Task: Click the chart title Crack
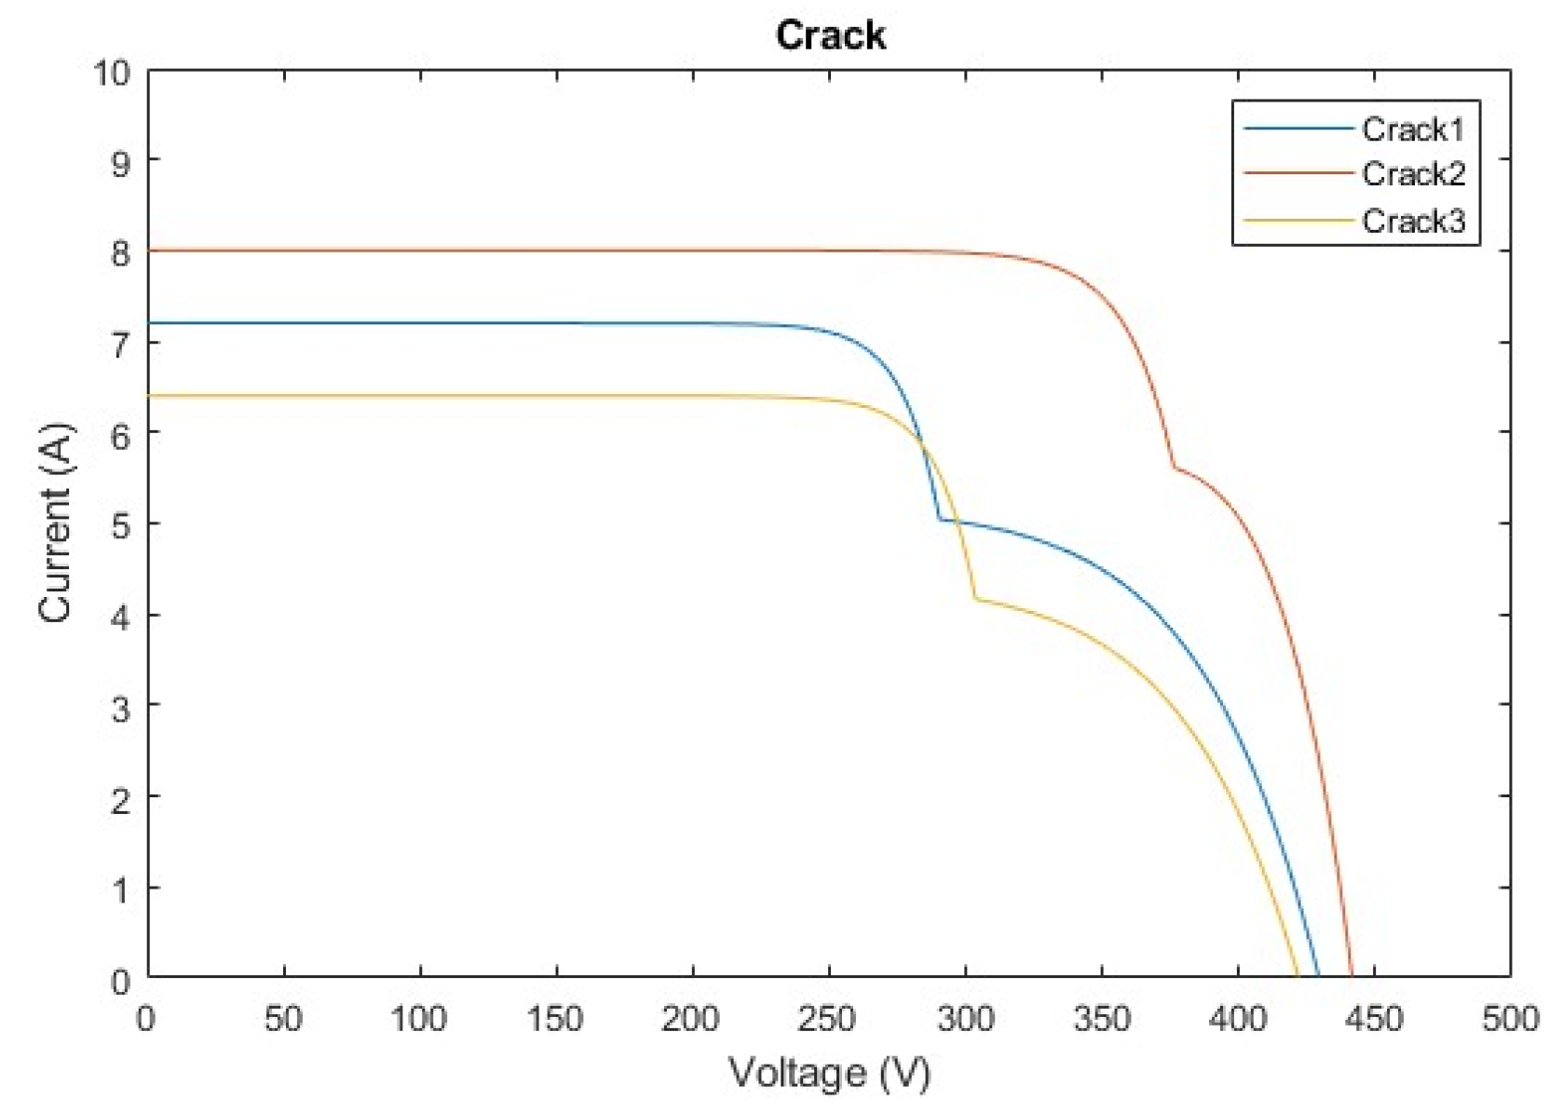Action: pyautogui.click(x=830, y=35)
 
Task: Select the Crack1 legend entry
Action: pyautogui.click(x=1412, y=129)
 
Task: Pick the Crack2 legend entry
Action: pyautogui.click(x=1412, y=174)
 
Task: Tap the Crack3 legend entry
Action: pyautogui.click(x=1412, y=221)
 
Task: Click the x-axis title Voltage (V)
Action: pyautogui.click(x=829, y=1073)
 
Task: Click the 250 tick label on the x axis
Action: pyautogui.click(x=826, y=1019)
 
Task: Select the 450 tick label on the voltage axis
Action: pyautogui.click(x=1373, y=1019)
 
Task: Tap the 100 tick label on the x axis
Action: pyautogui.click(x=418, y=1019)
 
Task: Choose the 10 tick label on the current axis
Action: pyautogui.click(x=112, y=72)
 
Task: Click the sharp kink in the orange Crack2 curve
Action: pyautogui.click(x=1174, y=468)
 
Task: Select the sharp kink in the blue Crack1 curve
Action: pyautogui.click(x=940, y=520)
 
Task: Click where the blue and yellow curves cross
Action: pyautogui.click(x=922, y=446)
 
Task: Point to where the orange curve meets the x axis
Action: pyautogui.click(x=1352, y=977)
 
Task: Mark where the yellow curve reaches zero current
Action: pyautogui.click(x=1298, y=977)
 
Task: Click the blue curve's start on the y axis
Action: pyautogui.click(x=149, y=323)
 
